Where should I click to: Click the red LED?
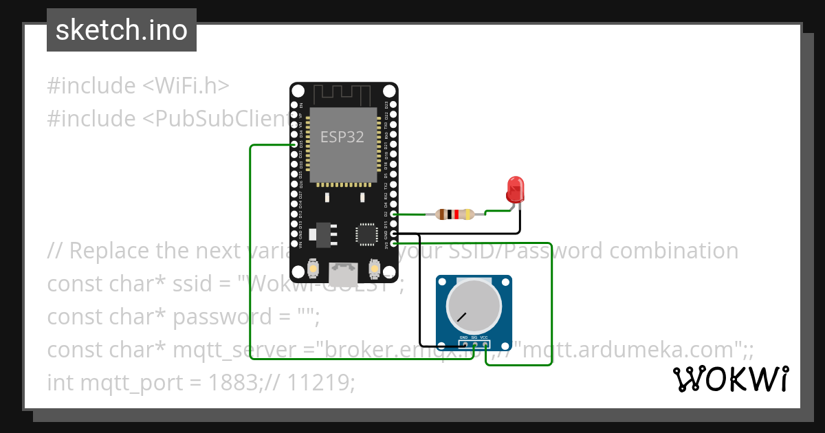(x=514, y=189)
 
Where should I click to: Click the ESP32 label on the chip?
(x=342, y=136)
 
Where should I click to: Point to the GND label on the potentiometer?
(x=463, y=338)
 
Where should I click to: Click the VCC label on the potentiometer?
(x=485, y=338)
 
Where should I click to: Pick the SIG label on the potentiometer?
(x=474, y=338)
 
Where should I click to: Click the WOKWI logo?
(x=731, y=379)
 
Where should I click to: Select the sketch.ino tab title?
(x=122, y=30)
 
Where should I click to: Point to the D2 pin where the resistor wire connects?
(x=393, y=214)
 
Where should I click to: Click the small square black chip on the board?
(x=365, y=234)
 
